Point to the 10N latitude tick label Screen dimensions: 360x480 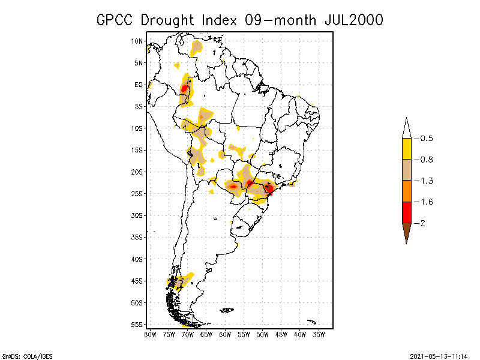click(137, 41)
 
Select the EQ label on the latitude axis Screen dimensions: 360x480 click(139, 85)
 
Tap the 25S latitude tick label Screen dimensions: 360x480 click(137, 193)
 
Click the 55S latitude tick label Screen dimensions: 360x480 click(137, 324)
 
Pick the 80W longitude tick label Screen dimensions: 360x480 click(150, 334)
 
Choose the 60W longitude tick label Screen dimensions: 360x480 click(225, 334)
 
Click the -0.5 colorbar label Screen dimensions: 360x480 click(426, 139)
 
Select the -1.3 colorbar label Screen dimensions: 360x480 click(426, 181)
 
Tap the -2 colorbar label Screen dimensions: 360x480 click(422, 223)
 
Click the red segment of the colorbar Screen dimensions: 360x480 click(406, 212)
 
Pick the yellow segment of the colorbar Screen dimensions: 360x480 click(406, 149)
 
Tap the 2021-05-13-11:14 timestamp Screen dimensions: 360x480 click(439, 356)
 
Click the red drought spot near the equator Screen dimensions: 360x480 click(185, 90)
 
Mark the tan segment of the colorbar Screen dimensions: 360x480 click(406, 170)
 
